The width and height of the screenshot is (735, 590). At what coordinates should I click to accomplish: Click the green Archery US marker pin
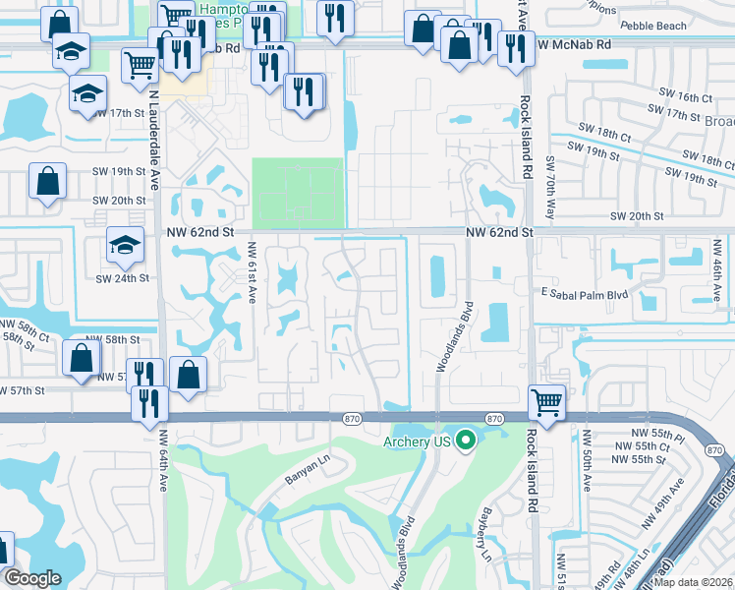click(467, 442)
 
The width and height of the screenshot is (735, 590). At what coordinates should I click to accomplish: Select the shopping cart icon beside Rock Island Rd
click(546, 401)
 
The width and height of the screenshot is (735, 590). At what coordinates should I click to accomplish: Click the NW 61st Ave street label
click(252, 272)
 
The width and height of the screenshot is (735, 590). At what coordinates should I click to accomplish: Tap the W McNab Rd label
click(574, 44)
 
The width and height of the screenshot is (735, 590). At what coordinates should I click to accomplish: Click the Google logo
click(32, 578)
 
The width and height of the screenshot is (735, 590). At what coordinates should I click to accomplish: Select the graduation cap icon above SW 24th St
click(125, 246)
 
